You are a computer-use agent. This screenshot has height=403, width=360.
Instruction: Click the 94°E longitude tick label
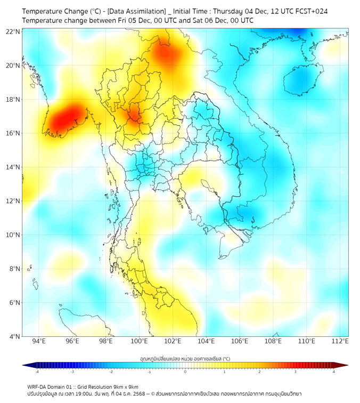39,341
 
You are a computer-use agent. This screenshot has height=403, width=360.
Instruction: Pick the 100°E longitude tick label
140,341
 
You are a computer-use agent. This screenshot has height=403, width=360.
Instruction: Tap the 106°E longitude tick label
240,341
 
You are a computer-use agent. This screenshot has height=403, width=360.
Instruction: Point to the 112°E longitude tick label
340,341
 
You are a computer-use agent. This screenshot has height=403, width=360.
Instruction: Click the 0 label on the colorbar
185,372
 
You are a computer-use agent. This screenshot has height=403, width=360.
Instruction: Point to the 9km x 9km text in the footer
127,386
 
